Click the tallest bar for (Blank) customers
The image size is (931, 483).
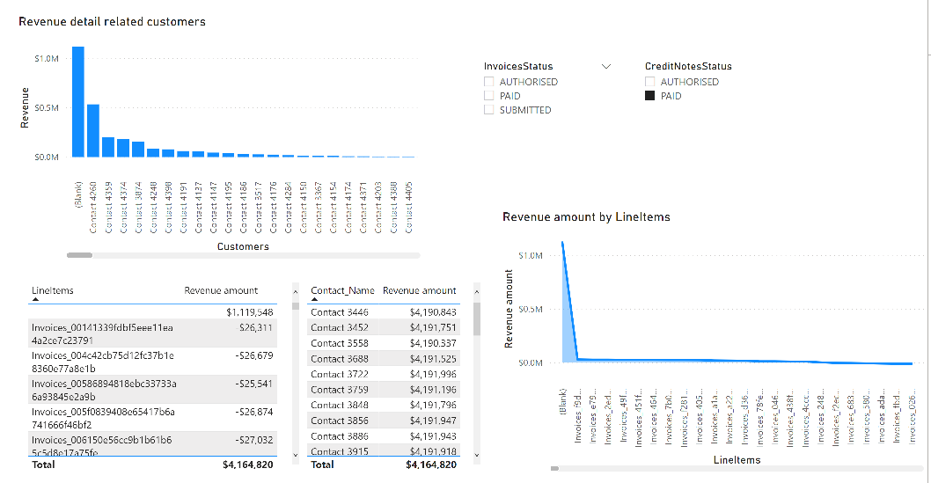[78, 101]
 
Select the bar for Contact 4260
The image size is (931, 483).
[93, 130]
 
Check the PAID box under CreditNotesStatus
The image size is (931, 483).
[650, 96]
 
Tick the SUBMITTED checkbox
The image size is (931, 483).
[488, 110]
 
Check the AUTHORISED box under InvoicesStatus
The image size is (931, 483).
[488, 82]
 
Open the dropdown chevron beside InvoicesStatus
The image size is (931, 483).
[605, 66]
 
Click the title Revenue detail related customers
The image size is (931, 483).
[112, 21]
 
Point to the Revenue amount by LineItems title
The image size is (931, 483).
[586, 216]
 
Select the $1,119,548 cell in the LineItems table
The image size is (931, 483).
[250, 312]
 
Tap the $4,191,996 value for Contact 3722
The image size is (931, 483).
[432, 374]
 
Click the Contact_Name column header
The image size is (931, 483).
[342, 290]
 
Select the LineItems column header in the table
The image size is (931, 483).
[53, 290]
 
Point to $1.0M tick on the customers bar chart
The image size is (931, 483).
[47, 59]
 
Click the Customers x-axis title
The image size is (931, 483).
[243, 246]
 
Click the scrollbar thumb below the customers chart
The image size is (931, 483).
[79, 255]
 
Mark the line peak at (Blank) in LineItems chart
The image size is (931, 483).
[563, 242]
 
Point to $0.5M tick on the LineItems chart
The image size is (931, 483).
[531, 309]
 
